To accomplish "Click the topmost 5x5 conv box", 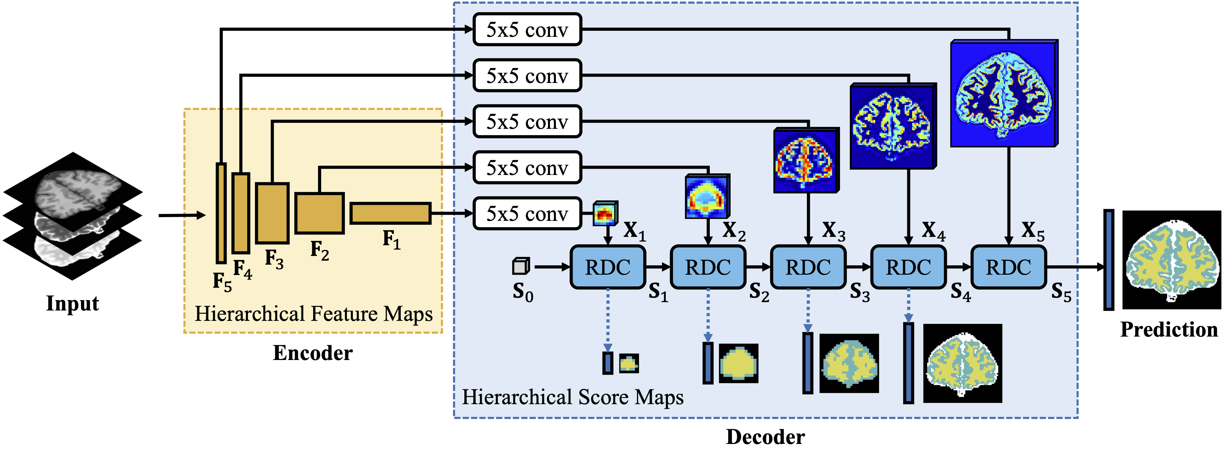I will pos(527,29).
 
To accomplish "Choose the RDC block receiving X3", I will pos(808,267).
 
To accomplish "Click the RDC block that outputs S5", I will pos(1008,267).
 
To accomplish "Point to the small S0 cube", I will pos(521,266).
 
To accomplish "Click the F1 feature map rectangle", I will pos(390,213).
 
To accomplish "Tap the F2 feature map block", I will pos(319,213).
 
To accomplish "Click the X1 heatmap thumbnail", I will pos(605,213).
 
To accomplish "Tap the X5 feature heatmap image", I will pos(1004,93).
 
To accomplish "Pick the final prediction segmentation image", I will pos(1171,260).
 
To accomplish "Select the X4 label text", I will pos(933,232).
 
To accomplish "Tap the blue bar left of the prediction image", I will pos(1109,260).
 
